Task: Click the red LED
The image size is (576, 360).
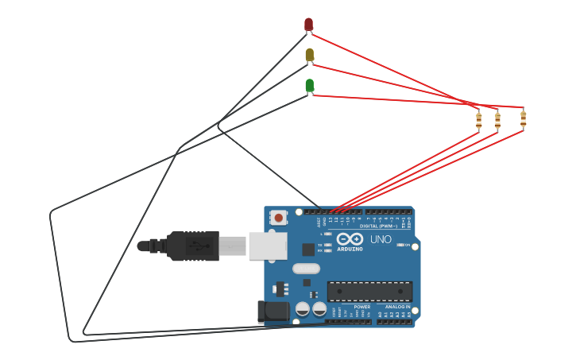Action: (x=308, y=25)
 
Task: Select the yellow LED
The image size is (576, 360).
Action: (x=309, y=55)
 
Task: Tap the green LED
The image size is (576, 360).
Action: (x=309, y=85)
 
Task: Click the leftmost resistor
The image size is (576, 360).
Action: (x=478, y=119)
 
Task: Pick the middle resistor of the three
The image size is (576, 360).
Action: (x=497, y=120)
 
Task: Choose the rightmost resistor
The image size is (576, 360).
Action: (x=523, y=118)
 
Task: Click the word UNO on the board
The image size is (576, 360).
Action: (x=381, y=239)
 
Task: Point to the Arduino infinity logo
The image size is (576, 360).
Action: (x=350, y=238)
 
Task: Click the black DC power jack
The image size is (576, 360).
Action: (x=273, y=312)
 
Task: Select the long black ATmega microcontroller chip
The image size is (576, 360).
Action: (x=369, y=291)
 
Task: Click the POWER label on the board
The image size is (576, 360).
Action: (x=361, y=307)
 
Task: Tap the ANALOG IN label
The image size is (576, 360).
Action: (x=397, y=307)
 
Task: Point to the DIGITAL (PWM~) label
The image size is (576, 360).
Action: (x=379, y=226)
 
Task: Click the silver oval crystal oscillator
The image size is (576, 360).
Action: (x=306, y=269)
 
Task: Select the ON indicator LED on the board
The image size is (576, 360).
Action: (x=401, y=245)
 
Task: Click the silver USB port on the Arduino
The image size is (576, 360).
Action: (x=267, y=246)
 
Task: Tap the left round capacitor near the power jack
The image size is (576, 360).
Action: (x=303, y=308)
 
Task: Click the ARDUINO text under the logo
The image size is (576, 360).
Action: (x=350, y=249)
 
